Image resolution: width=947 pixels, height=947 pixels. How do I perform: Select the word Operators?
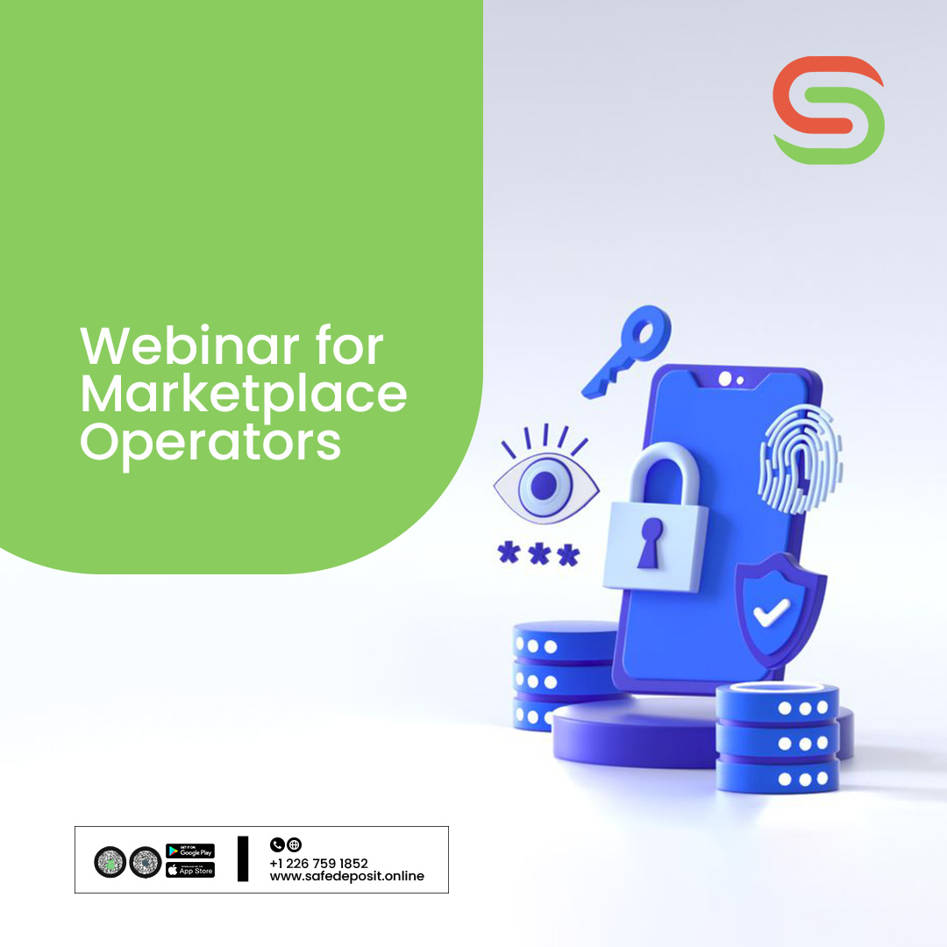210,443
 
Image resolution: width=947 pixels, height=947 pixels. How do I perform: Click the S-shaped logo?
829,110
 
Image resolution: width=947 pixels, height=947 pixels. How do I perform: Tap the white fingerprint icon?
800,458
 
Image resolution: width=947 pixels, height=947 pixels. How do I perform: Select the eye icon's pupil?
545,482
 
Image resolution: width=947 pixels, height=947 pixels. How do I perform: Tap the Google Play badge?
190,851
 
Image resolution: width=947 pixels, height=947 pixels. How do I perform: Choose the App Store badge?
190,870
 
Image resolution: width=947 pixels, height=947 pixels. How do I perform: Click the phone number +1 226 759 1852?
319,863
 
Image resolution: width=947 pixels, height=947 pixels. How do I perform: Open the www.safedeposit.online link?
347,876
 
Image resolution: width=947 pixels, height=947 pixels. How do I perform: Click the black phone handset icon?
277,845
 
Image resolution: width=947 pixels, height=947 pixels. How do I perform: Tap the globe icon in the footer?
295,845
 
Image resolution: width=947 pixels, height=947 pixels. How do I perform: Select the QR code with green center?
110,862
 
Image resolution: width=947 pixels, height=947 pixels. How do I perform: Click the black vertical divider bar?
243,858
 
